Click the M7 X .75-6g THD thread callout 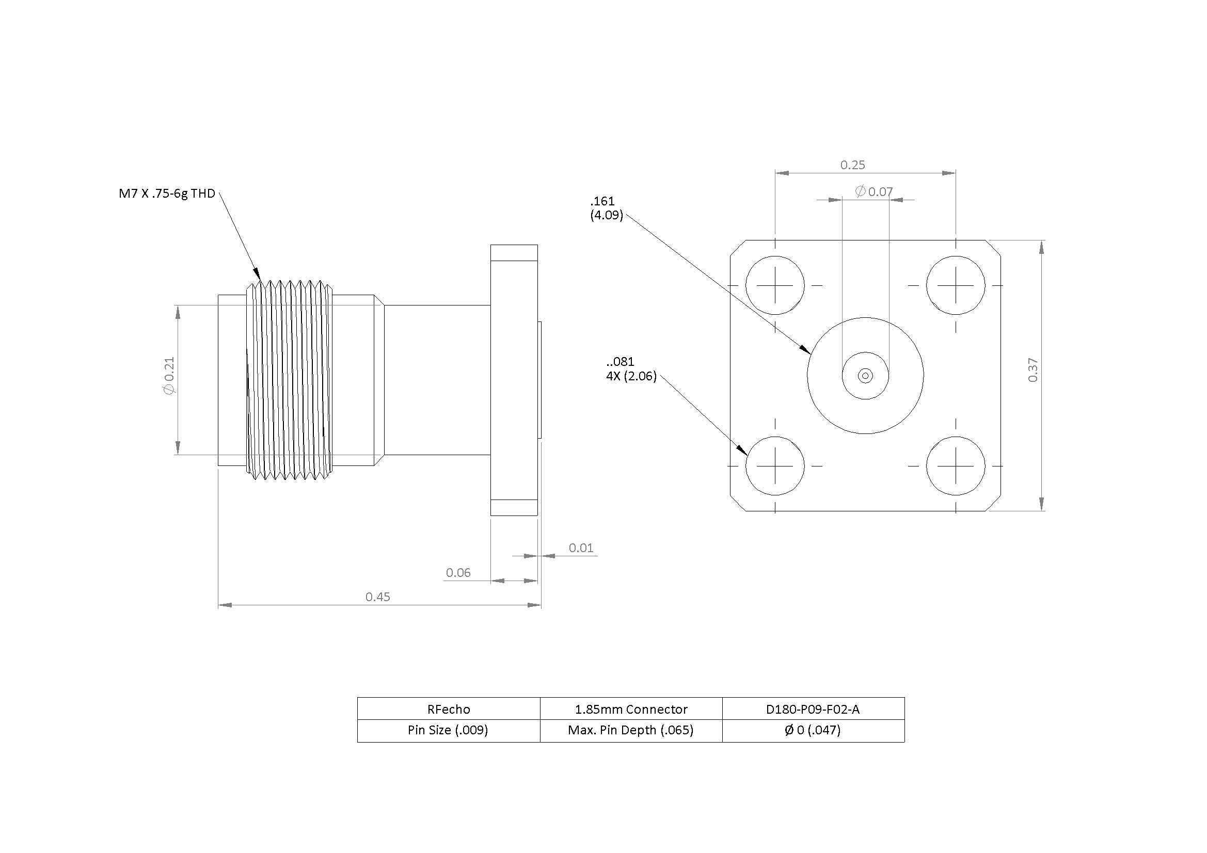click(x=167, y=194)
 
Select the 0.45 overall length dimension click(x=377, y=597)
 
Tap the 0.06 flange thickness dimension click(x=458, y=572)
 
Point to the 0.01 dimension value click(x=580, y=548)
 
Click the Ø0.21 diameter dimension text click(x=169, y=375)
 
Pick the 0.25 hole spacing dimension click(x=852, y=165)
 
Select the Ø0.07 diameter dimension click(x=874, y=192)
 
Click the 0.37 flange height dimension click(x=1033, y=370)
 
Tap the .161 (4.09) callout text click(x=606, y=208)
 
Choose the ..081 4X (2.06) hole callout click(x=631, y=369)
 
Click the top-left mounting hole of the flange click(x=774, y=285)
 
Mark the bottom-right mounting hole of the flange click(x=955, y=465)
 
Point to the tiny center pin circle click(x=865, y=376)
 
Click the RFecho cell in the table click(x=449, y=709)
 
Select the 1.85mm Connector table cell click(x=631, y=709)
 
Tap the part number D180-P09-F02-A click(x=813, y=709)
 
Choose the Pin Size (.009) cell click(x=449, y=730)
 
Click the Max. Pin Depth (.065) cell click(x=631, y=730)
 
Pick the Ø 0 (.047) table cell click(x=813, y=730)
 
